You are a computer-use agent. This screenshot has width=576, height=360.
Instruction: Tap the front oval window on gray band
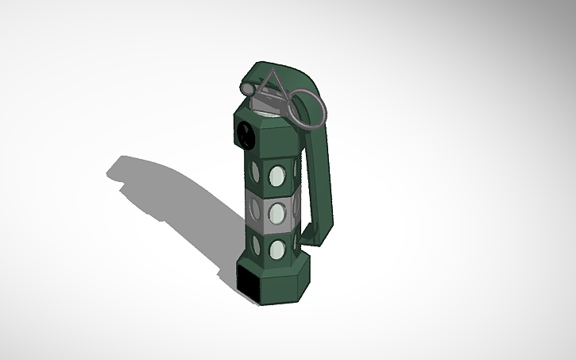pyautogui.click(x=277, y=212)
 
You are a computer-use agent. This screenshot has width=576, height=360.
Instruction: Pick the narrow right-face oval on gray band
pyautogui.click(x=296, y=208)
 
